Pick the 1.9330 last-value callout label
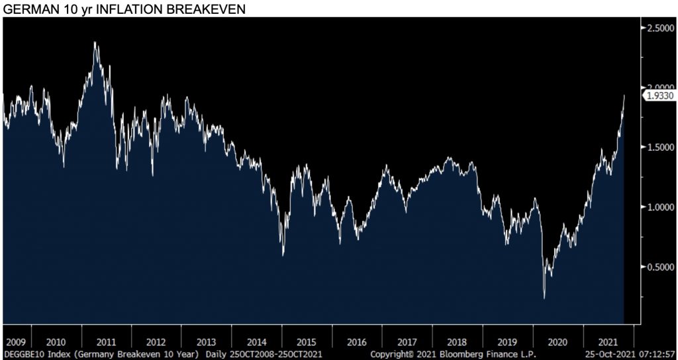point(660,96)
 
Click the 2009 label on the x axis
point(15,342)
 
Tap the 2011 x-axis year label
point(106,342)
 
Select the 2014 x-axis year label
point(257,342)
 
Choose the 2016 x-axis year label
point(357,342)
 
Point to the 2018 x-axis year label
point(458,342)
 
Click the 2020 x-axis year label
point(557,342)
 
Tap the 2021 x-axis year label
point(608,342)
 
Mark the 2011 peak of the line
point(95,42)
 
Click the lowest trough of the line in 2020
point(544,298)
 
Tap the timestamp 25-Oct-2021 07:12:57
point(629,354)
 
